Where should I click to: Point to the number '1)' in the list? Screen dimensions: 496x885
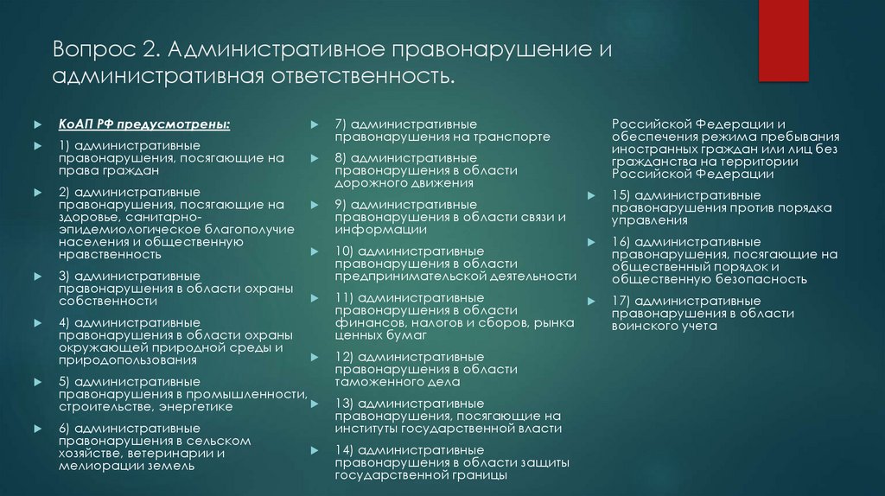pos(65,144)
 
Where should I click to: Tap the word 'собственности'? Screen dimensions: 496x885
pos(108,301)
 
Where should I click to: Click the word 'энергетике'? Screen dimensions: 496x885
pos(196,406)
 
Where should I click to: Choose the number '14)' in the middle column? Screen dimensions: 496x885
pos(344,450)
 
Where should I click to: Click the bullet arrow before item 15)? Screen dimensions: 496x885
pos(590,196)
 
